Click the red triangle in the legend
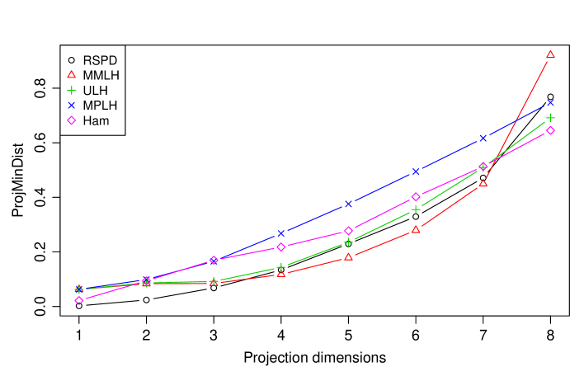(x=71, y=75)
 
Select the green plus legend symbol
(x=71, y=90)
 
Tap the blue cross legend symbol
(x=71, y=106)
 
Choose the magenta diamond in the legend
(x=71, y=120)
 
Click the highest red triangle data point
(x=550, y=55)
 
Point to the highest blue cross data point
(x=550, y=102)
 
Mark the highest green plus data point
(x=550, y=118)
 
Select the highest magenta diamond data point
(x=550, y=130)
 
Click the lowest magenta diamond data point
(x=79, y=300)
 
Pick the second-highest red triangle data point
(x=483, y=183)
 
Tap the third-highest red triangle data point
(x=416, y=229)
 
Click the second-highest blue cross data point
(x=483, y=138)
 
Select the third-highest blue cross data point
(x=416, y=172)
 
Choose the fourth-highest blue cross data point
(x=348, y=204)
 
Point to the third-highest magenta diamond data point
(x=416, y=197)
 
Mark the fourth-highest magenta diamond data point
(x=348, y=231)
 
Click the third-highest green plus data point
(x=416, y=209)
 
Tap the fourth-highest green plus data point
(x=348, y=242)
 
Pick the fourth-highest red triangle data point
(x=348, y=256)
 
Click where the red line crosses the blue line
(x=516, y=120)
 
